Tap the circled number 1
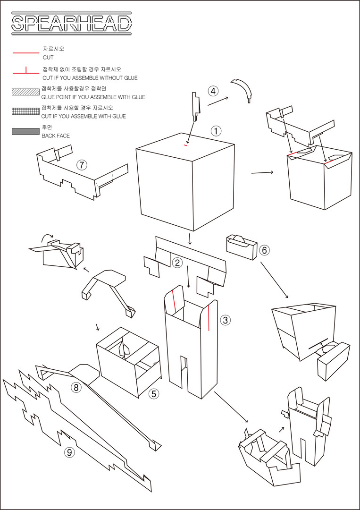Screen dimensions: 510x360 tap(216, 131)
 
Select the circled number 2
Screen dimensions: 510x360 tap(177, 263)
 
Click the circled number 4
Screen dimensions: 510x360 tap(214, 91)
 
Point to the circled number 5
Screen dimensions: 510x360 tap(154, 393)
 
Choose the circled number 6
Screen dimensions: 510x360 tap(264, 250)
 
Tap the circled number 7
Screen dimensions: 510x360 tap(82, 165)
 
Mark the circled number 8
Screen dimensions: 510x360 tap(75, 388)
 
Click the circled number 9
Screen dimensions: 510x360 tap(69, 452)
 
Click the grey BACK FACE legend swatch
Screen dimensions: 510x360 tap(25, 131)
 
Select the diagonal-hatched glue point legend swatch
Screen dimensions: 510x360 tap(25, 92)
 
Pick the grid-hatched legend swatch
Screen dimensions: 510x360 tap(25, 111)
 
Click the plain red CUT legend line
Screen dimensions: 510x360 tap(25, 52)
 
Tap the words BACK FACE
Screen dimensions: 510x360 tap(56, 136)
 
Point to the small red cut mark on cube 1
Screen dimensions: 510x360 tap(185, 145)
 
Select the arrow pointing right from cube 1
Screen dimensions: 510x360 tap(262, 172)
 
